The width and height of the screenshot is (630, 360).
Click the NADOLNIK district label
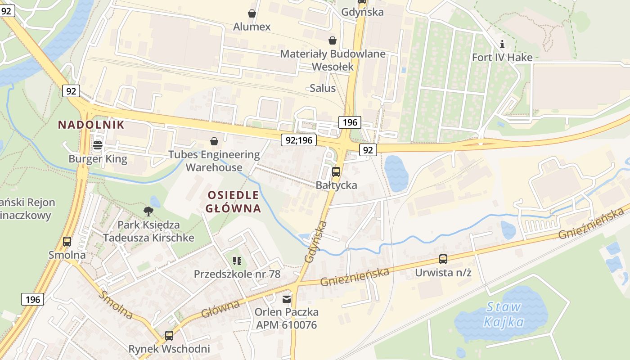(91, 125)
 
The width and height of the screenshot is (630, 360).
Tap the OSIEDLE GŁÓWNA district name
(233, 202)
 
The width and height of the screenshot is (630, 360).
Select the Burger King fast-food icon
(97, 145)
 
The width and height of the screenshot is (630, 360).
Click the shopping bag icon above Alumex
(252, 13)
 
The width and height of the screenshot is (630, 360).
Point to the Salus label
(323, 88)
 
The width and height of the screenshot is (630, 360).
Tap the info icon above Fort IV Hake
(502, 44)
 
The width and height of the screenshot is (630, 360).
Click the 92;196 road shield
(299, 140)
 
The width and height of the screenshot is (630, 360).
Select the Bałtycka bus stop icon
(336, 171)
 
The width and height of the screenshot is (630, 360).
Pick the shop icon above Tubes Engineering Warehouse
(214, 141)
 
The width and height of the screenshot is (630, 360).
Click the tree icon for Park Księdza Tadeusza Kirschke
(148, 211)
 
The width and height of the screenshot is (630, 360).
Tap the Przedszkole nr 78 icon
(237, 261)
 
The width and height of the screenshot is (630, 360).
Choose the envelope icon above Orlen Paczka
(287, 299)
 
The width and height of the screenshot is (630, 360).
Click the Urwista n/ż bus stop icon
(443, 259)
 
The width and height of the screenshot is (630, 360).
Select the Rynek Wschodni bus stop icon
(169, 335)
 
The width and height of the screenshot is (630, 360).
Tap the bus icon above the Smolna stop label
(67, 241)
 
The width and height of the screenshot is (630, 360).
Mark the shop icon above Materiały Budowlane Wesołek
(333, 40)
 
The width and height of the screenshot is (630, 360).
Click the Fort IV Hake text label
(502, 57)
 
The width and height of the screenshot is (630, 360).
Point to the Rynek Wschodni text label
(169, 349)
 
